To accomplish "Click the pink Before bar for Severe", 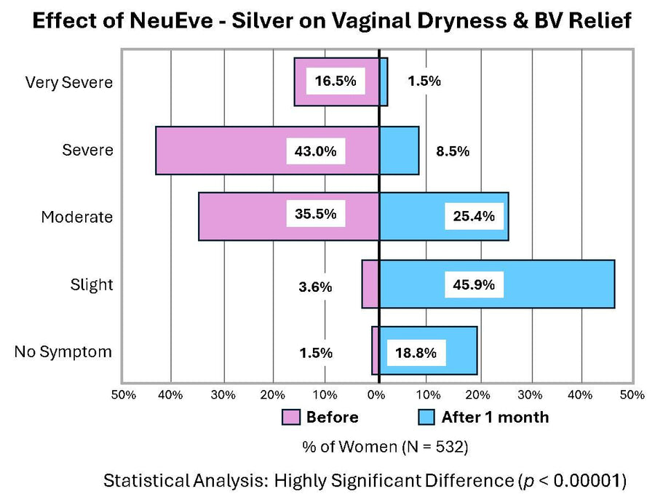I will [x=218, y=151].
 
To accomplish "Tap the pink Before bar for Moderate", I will [x=240, y=216].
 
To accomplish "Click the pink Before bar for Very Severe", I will [x=300, y=81].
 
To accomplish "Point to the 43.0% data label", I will [x=315, y=151].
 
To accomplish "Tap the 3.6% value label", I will [x=315, y=287].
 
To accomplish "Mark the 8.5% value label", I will [x=453, y=151].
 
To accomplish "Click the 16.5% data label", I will [x=335, y=81].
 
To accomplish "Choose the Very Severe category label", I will [x=69, y=82].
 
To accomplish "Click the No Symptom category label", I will [x=63, y=352].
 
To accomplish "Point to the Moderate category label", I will [x=76, y=217].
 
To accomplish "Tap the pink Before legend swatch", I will [x=291, y=417].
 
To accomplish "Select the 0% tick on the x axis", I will [x=376, y=394].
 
